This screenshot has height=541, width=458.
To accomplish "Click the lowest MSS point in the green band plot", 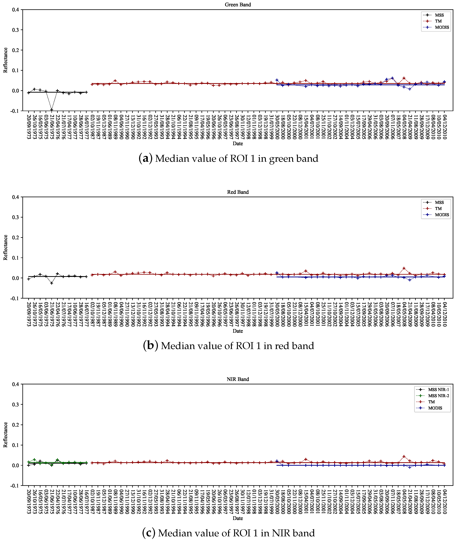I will (52, 110).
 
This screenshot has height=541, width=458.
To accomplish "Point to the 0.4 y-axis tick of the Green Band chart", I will (16, 10).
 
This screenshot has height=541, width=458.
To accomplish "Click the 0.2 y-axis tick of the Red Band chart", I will (16, 238).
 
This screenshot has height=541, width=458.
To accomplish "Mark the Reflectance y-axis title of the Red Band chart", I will (5, 247).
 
